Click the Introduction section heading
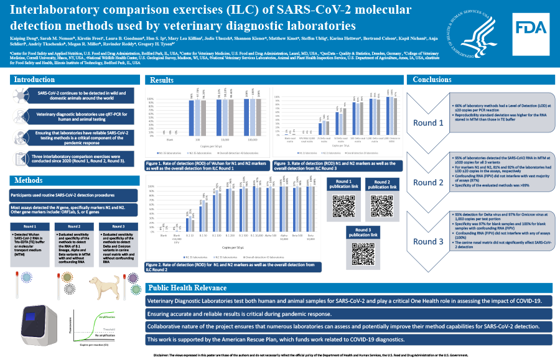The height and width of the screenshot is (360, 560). (x=35, y=80)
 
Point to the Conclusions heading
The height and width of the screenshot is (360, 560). (x=436, y=80)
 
